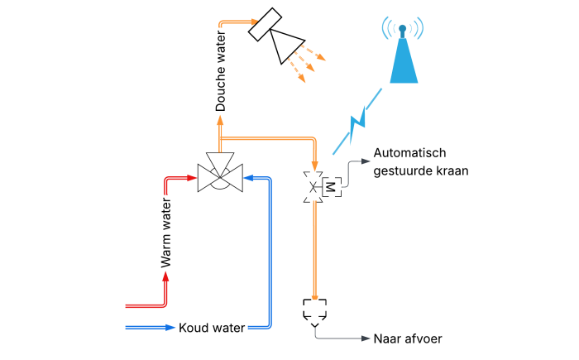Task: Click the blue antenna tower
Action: point(404,63)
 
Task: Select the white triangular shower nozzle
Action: point(285,44)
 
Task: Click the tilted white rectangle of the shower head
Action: point(265,24)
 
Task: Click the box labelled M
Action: point(332,187)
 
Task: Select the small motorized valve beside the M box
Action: point(313,187)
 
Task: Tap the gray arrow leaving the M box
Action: point(365,161)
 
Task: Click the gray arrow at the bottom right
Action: point(364,338)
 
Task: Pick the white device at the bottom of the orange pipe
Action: point(314,311)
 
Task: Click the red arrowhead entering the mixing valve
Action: point(193,177)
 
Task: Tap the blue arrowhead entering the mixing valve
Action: point(247,177)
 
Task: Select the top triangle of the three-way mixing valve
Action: point(220,162)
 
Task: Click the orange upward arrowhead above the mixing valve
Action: point(220,120)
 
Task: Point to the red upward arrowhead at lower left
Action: point(165,276)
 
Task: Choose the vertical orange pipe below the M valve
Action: point(314,248)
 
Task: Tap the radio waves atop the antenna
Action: point(402,27)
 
